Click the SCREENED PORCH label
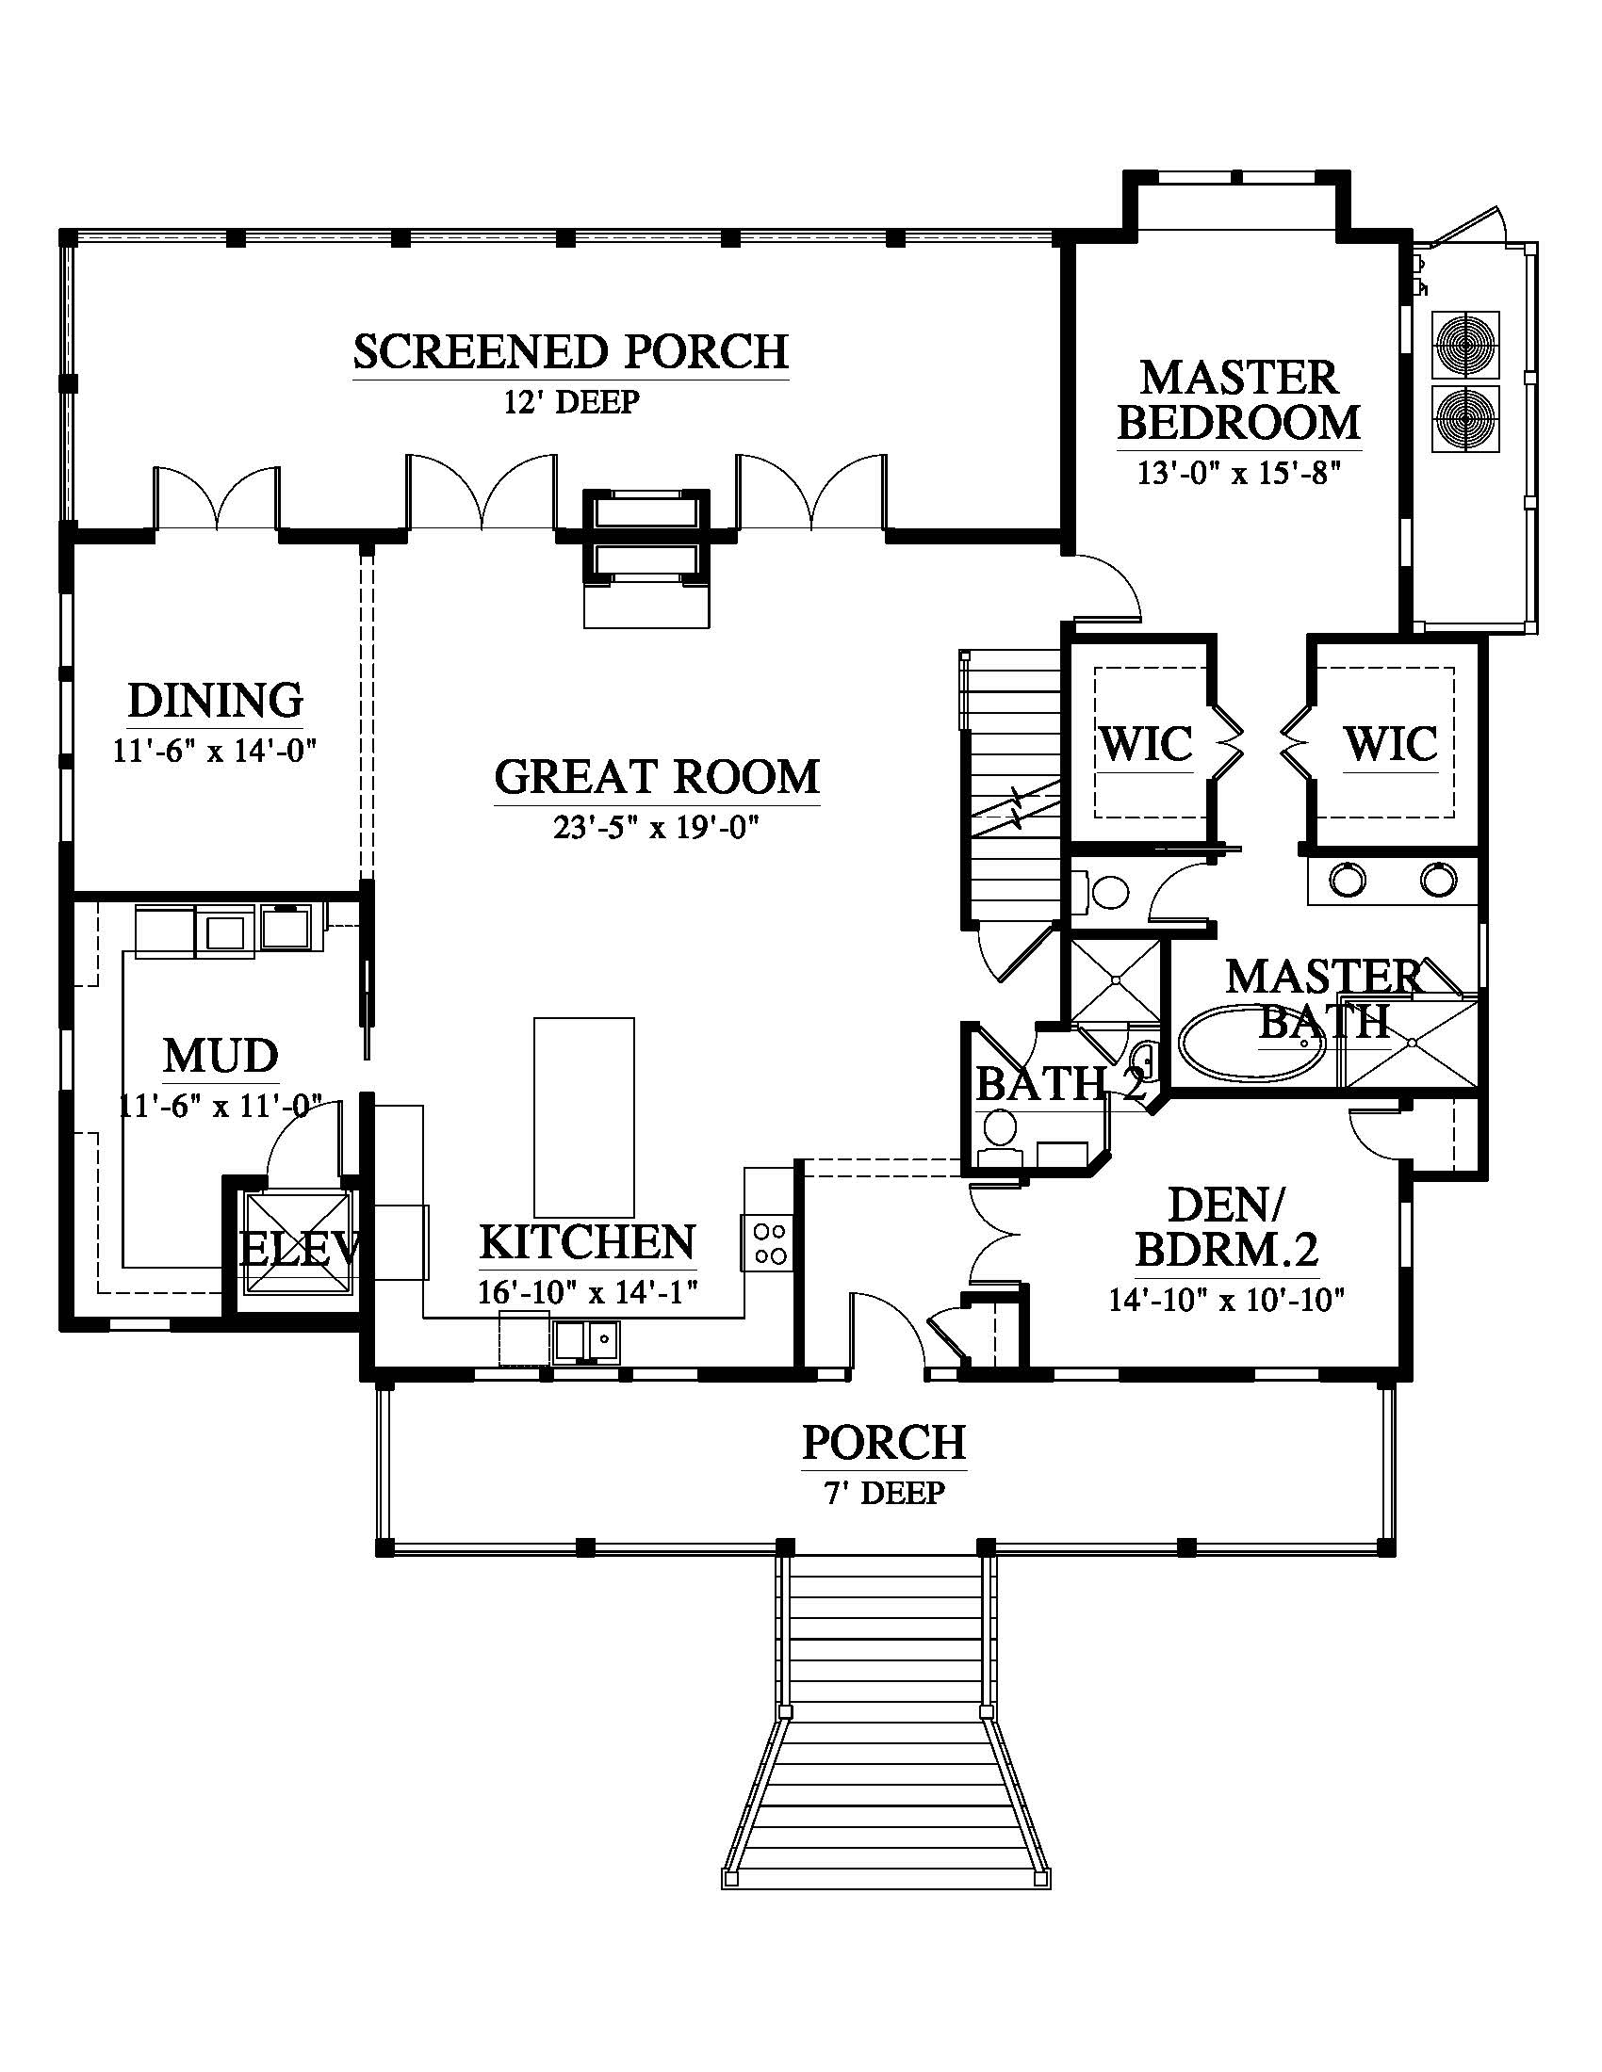tap(570, 352)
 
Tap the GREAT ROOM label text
tap(657, 777)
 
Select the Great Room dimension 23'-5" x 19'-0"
tap(657, 829)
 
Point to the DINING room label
tap(216, 701)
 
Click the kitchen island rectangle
tap(583, 1118)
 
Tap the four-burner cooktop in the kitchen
tap(769, 1244)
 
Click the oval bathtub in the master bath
tap(1253, 1044)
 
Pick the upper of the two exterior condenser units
tap(1466, 344)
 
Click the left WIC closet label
tap(1146, 744)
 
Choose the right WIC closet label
tap(1390, 744)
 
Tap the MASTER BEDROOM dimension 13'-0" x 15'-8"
tap(1238, 473)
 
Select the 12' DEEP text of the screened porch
tap(571, 402)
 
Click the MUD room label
tap(221, 1056)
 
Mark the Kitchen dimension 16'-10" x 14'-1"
tap(588, 1293)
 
